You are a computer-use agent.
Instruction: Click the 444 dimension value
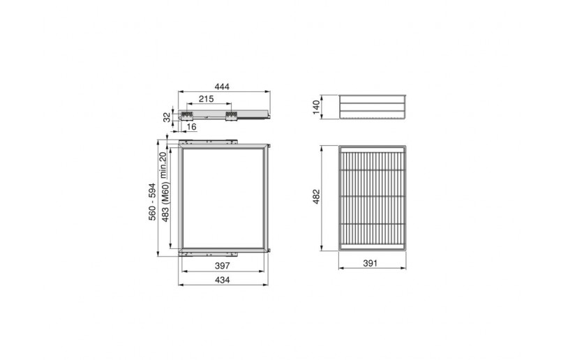click(x=222, y=87)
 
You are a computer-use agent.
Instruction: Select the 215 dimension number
click(x=206, y=99)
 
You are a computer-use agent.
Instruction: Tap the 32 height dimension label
click(x=167, y=117)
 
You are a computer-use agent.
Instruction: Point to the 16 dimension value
click(x=191, y=127)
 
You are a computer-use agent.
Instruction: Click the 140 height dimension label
click(x=316, y=107)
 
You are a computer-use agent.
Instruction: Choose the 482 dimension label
click(x=316, y=197)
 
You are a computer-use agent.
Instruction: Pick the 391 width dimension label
click(x=371, y=264)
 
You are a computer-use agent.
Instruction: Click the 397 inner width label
click(x=222, y=266)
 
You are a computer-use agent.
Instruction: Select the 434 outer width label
click(x=222, y=280)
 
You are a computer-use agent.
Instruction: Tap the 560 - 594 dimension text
click(x=152, y=202)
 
